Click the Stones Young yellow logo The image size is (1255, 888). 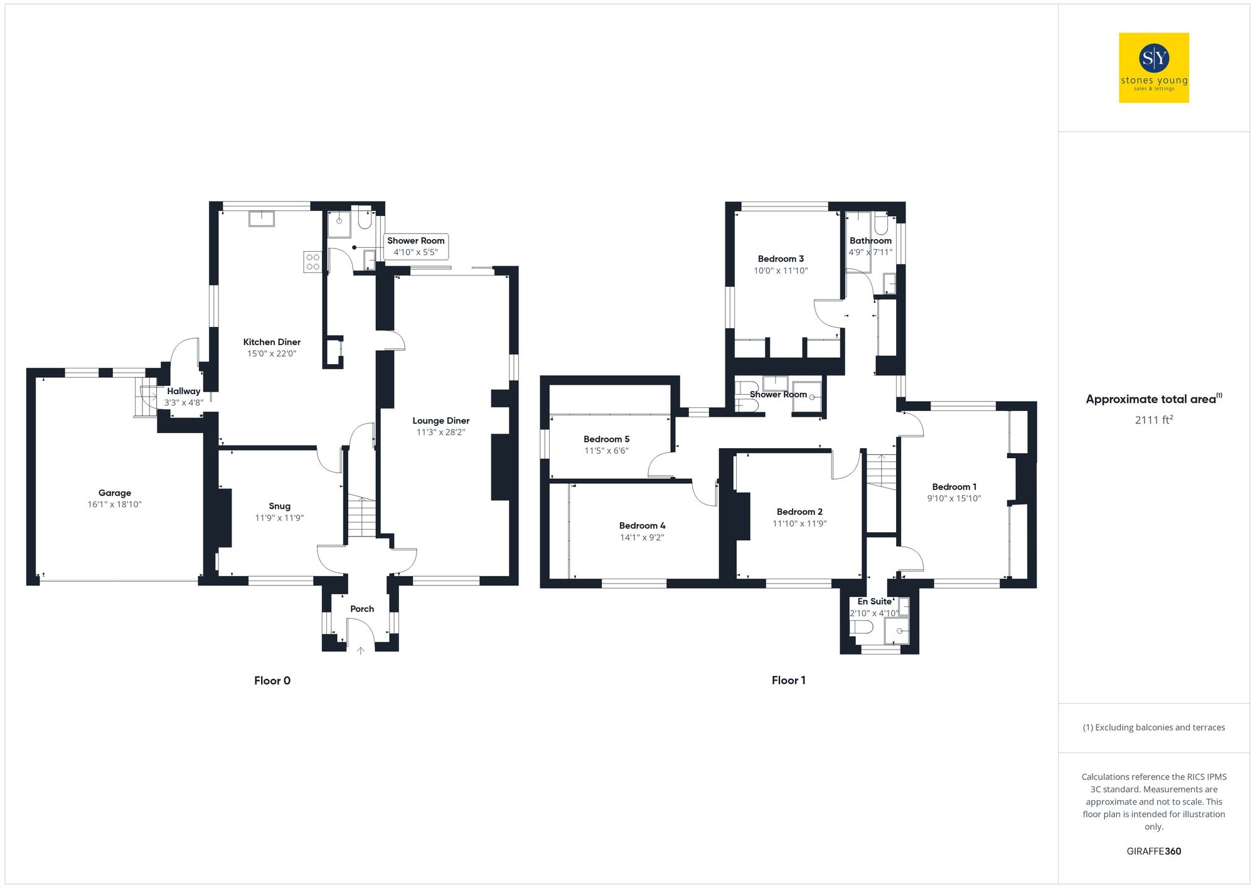coord(1153,68)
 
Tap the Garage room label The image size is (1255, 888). coord(115,493)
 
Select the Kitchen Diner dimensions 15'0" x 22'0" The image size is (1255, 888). coord(272,354)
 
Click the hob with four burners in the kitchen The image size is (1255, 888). coord(312,262)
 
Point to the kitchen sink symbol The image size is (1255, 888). coord(262,218)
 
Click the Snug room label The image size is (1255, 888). coord(280,506)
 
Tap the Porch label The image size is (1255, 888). coord(362,609)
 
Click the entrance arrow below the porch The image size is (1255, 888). coord(361,651)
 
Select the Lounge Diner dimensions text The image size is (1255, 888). coord(441,432)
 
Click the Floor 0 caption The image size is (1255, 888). coord(272,681)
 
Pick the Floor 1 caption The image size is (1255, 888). coord(789,680)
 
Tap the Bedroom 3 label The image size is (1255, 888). coord(781,259)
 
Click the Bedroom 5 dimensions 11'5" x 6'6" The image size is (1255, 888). coord(606,451)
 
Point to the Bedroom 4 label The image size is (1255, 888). coord(642,526)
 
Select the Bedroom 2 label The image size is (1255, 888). coord(799,512)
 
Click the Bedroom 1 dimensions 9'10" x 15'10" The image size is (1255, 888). coord(954,499)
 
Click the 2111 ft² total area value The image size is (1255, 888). coord(1153,420)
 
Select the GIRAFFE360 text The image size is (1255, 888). coord(1153,852)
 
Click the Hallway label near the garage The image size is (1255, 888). coord(184,391)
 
